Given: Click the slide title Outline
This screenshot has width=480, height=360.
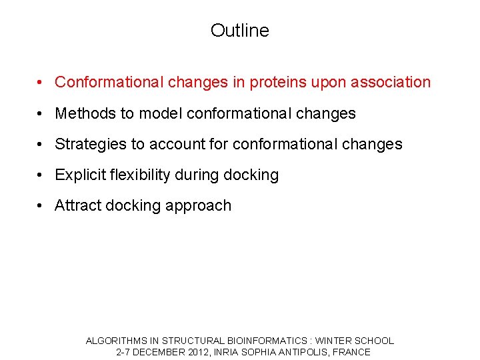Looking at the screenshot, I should click(x=239, y=31).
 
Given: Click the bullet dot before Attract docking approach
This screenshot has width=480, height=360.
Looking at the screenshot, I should click(x=41, y=206).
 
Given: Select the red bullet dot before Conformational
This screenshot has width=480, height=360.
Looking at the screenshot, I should click(x=41, y=83).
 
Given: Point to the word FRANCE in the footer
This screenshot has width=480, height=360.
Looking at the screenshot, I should click(x=351, y=352).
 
